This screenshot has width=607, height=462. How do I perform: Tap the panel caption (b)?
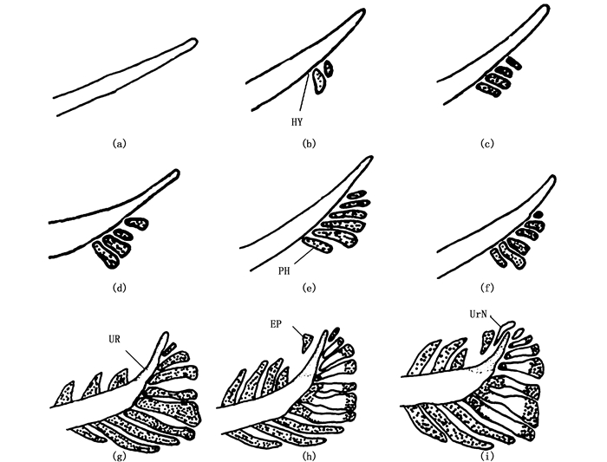(x=308, y=145)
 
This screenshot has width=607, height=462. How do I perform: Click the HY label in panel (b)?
(x=296, y=122)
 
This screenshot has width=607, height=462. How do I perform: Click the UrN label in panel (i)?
(x=478, y=308)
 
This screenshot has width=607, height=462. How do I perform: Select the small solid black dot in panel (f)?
(x=538, y=211)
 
